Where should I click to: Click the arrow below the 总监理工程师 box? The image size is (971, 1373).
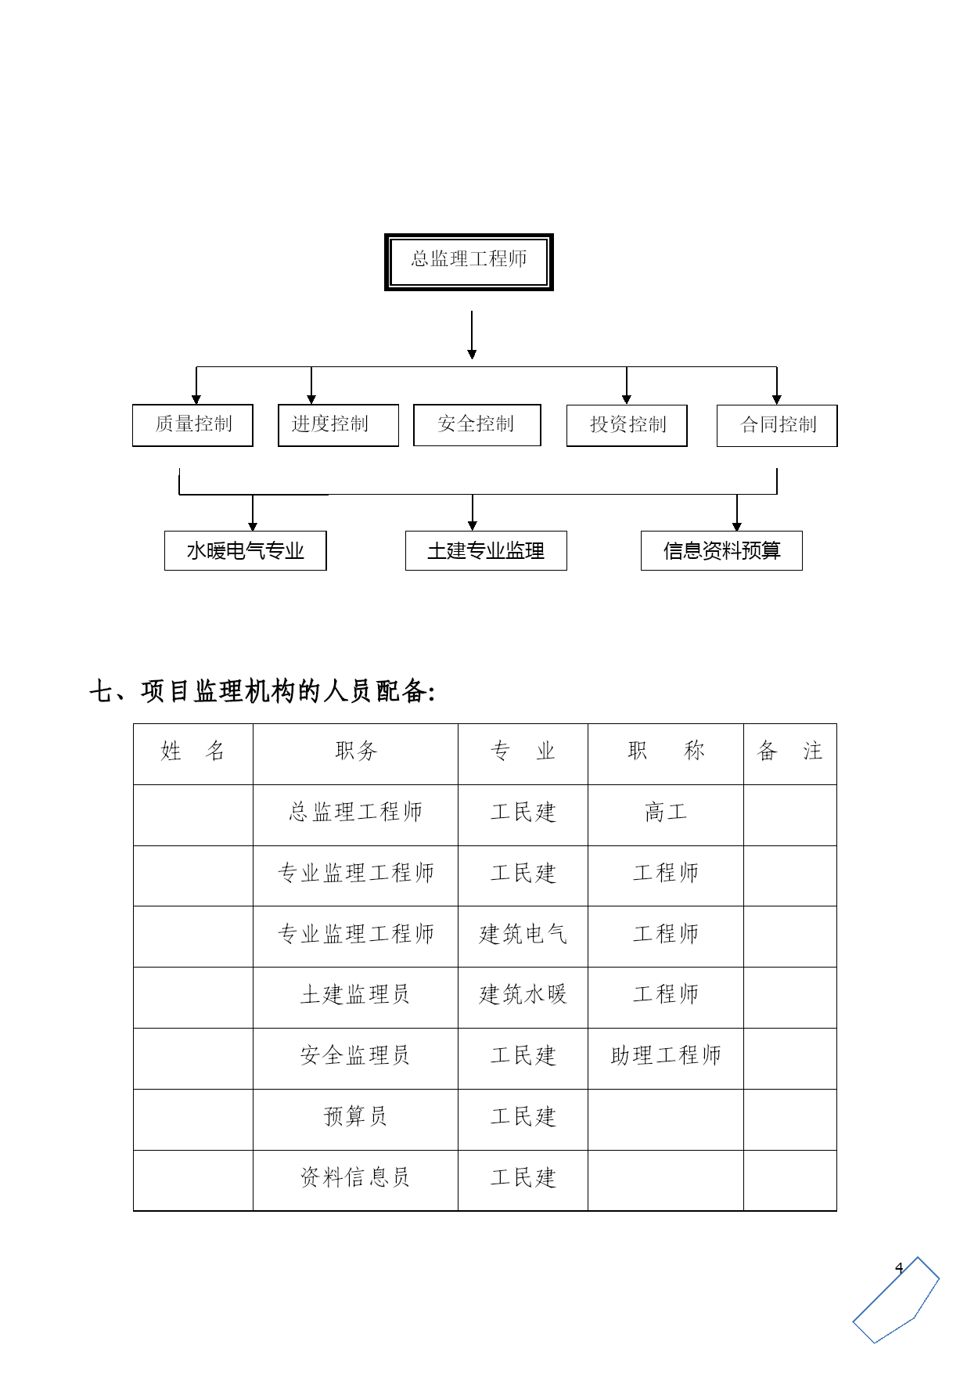472,335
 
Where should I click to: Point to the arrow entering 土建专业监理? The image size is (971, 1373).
473,513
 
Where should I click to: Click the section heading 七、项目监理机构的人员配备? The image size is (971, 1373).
261,692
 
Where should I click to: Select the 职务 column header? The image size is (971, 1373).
356,751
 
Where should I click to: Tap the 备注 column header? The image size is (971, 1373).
789,751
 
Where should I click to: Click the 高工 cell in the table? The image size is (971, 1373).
666,813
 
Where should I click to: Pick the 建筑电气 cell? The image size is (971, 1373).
523,934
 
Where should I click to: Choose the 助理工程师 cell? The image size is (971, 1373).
666,1056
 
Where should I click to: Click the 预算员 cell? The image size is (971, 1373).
355,1116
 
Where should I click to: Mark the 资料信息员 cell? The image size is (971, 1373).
355,1177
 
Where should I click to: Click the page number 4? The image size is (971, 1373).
899,1268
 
